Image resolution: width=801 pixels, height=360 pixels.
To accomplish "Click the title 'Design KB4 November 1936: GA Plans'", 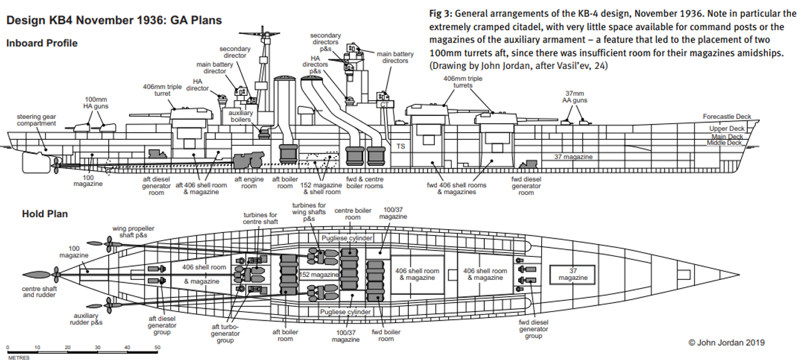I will pos(113,21).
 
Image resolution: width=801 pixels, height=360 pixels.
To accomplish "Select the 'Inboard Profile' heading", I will pos(42,43).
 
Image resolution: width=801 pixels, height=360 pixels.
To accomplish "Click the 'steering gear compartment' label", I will pos(36,120).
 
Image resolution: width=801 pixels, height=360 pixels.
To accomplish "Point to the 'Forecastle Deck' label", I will pos(727,117).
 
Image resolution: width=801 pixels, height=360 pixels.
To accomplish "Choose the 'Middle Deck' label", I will pos(724,143).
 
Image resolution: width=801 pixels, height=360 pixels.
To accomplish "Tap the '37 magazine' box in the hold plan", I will pos(573,274).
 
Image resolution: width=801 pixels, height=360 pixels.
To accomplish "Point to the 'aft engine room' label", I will pos(248,182).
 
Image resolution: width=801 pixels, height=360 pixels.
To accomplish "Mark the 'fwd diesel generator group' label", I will pos(533,329).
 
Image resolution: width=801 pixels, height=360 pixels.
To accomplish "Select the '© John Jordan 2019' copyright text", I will pos(726,342).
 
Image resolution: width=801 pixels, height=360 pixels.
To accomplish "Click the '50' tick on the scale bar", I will pos(157,347).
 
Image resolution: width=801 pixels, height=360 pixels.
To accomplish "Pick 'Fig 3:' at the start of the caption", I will pos(443,14).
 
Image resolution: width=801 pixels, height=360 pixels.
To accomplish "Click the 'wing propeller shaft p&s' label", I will pos(133,232).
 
